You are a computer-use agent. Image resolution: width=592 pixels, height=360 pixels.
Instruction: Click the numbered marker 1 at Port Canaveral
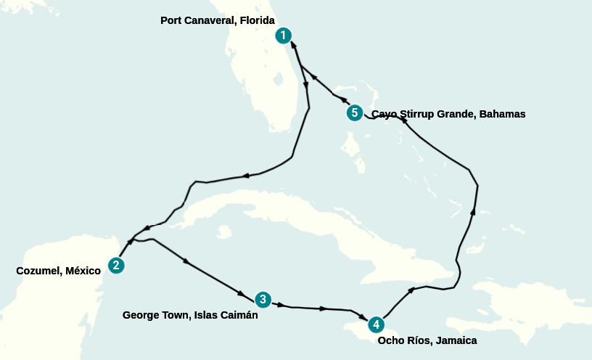click(x=284, y=36)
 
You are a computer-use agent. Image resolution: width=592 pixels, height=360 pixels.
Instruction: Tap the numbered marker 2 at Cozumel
click(x=115, y=266)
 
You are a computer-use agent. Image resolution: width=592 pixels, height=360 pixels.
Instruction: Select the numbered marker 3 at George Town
click(x=263, y=300)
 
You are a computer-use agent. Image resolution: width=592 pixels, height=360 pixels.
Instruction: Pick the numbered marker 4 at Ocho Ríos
click(x=375, y=324)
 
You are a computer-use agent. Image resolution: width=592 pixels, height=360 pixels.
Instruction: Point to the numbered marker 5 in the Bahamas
click(x=354, y=113)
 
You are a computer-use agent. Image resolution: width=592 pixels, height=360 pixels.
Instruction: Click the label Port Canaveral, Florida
click(x=217, y=20)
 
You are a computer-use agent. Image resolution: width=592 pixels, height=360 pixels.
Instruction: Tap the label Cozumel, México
click(x=58, y=271)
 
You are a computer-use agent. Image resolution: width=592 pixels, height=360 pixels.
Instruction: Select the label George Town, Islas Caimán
click(x=190, y=315)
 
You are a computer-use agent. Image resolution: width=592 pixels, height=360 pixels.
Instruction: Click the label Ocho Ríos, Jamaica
click(x=427, y=340)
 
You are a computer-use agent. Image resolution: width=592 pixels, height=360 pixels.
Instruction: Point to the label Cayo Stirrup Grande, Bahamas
click(x=448, y=114)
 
